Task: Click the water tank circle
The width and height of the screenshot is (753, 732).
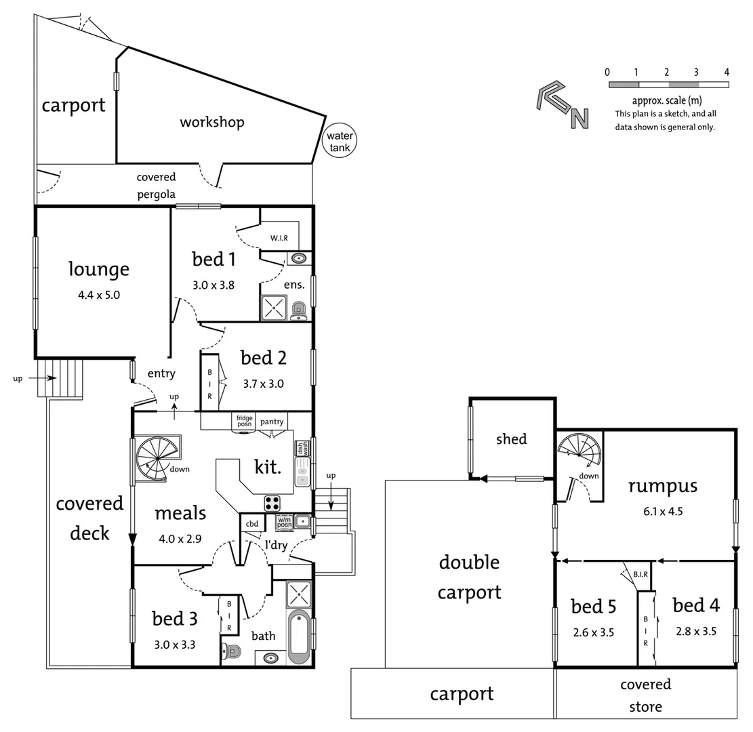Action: point(338,141)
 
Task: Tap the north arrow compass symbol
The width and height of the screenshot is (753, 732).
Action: point(562,105)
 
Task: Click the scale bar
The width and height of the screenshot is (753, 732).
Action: point(668,85)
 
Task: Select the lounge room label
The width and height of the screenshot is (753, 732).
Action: point(98,269)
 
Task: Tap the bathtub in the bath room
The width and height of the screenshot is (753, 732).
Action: point(299,636)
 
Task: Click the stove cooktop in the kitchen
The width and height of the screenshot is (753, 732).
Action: point(272,503)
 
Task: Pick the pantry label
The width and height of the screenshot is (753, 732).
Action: point(272,422)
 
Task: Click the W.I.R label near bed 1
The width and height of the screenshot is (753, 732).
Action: point(279,238)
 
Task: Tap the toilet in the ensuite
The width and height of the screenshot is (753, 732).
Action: point(299,310)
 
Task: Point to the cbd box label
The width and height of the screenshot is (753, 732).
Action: point(252,523)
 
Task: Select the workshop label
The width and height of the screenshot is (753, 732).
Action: point(211,122)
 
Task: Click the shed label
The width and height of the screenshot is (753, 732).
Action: point(511,439)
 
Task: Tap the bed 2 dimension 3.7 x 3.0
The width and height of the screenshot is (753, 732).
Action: point(263,384)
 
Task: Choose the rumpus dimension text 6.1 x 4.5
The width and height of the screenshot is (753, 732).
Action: point(662,511)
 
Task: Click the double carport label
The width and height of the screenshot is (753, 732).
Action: point(469,577)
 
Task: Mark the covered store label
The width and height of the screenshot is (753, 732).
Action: point(645,695)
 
